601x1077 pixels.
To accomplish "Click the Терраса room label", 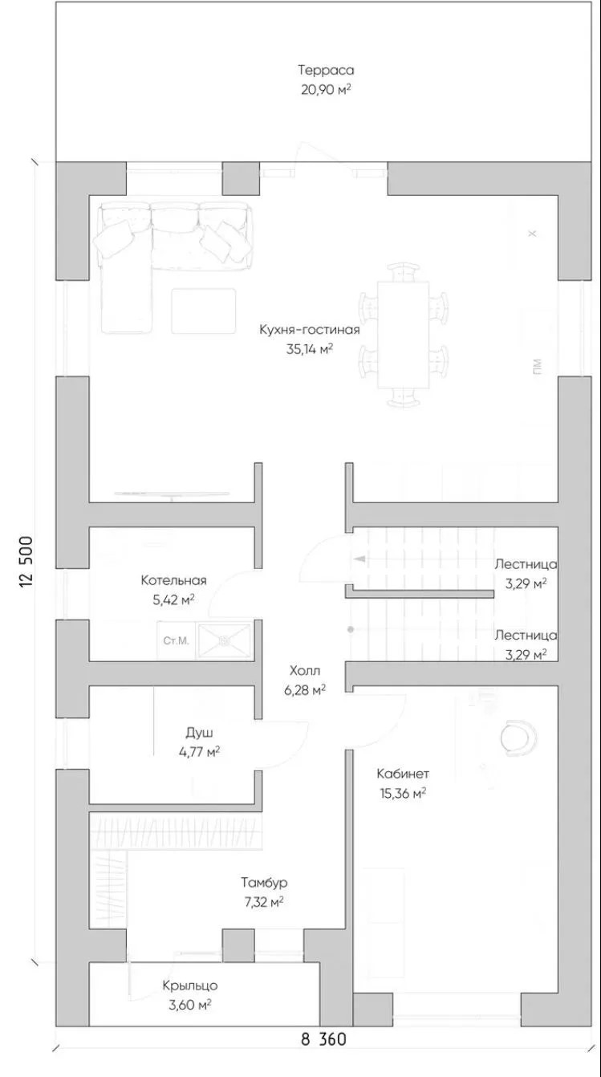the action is click(x=326, y=70).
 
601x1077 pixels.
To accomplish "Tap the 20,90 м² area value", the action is click(x=326, y=90).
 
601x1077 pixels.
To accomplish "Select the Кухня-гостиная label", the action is click(x=310, y=331).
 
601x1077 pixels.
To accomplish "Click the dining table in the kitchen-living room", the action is click(x=404, y=335).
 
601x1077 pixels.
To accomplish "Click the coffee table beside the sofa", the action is click(x=204, y=311).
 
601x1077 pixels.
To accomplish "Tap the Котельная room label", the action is click(x=173, y=580).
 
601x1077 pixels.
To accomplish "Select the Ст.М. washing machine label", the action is click(x=176, y=641).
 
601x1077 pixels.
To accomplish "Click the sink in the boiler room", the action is click(x=224, y=641).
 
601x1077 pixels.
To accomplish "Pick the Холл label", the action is click(x=305, y=670).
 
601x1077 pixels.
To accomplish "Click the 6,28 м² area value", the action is click(x=305, y=690).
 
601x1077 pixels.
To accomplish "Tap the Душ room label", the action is click(x=199, y=733).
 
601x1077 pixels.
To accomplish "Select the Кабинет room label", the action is click(x=403, y=774).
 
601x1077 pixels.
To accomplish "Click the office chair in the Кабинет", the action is click(x=518, y=736).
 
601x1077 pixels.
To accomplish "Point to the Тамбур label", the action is click(x=264, y=882).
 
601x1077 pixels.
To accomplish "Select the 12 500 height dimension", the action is click(x=26, y=561).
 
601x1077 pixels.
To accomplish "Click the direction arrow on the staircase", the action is click(x=359, y=559).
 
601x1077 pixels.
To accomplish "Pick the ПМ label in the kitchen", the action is click(x=537, y=367).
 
